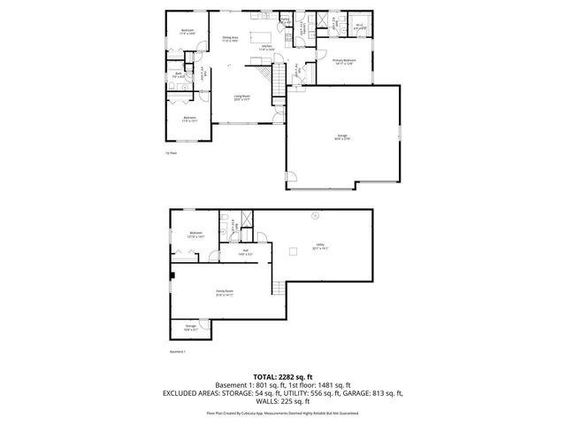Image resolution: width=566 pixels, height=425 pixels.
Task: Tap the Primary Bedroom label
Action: point(343,62)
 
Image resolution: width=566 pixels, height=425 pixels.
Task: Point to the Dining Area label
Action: point(230,39)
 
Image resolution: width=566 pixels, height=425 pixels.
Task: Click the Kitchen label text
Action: point(265,47)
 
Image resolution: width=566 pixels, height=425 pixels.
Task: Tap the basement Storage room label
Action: point(190,328)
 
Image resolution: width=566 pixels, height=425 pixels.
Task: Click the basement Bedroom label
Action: point(195,235)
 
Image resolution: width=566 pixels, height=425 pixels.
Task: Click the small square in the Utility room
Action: point(290,252)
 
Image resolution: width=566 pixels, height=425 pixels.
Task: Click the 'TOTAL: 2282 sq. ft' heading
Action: point(282,375)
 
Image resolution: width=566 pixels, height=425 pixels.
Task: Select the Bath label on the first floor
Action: point(179,76)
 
